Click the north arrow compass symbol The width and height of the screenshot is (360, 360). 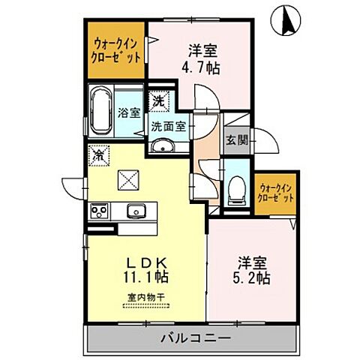click(285, 19)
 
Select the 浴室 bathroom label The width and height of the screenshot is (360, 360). click(129, 112)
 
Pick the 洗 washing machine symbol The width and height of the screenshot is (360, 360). click(158, 100)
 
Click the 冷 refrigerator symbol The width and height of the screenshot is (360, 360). click(99, 155)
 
